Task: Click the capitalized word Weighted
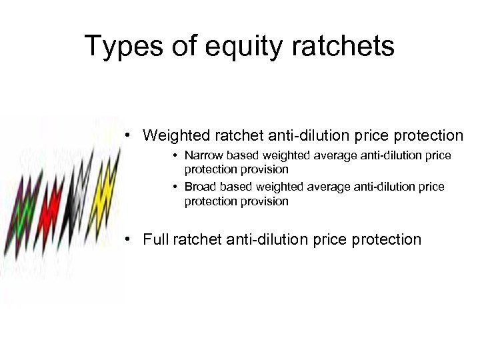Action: pyautogui.click(x=175, y=135)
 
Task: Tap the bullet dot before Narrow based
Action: pyautogui.click(x=173, y=156)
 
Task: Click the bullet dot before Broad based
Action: pyautogui.click(x=173, y=187)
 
